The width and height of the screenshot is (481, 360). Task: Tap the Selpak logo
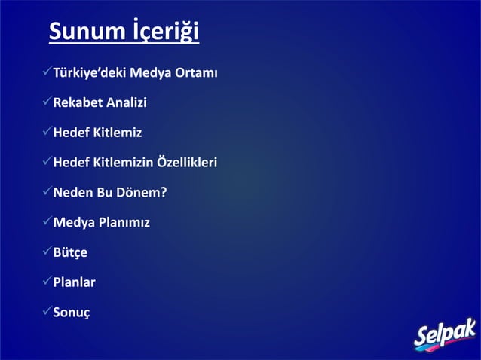(444, 332)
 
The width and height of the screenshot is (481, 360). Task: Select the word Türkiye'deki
(89, 73)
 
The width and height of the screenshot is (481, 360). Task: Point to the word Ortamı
(194, 73)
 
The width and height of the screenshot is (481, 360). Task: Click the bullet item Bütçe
(69, 253)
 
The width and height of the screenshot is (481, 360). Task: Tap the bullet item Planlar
(73, 283)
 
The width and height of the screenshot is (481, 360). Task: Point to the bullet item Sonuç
(72, 313)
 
